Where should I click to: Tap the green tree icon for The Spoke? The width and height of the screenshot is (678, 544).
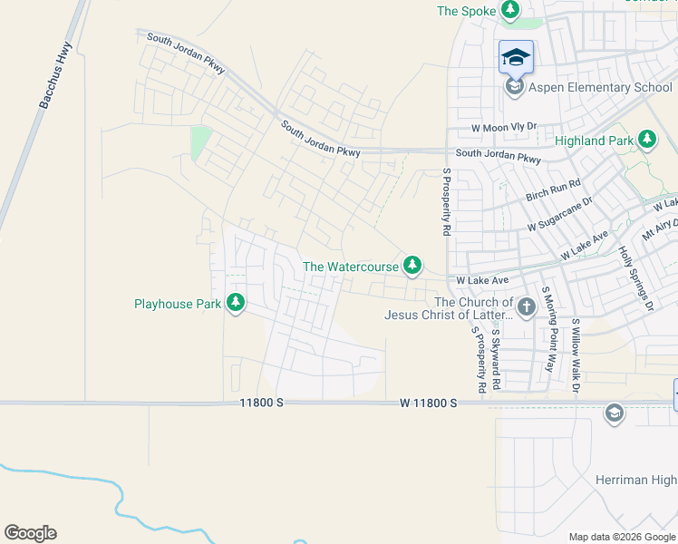coord(511,10)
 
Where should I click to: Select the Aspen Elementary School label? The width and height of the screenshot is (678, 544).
coord(602,87)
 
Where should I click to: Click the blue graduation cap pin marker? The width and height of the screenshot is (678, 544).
coord(516,57)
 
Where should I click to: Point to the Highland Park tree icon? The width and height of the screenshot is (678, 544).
coord(647,140)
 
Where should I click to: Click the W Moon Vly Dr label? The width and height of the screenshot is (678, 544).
coord(504,127)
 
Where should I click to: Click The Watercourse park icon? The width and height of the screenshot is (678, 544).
coord(412,265)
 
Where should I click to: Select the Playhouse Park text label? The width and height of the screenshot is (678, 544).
coord(178,304)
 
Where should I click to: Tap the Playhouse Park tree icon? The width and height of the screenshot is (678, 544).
coord(236,302)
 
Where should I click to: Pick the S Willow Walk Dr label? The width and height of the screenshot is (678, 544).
coord(576,355)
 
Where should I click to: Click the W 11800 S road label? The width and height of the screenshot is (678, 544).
coord(428,402)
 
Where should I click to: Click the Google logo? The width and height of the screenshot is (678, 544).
coord(30,533)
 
